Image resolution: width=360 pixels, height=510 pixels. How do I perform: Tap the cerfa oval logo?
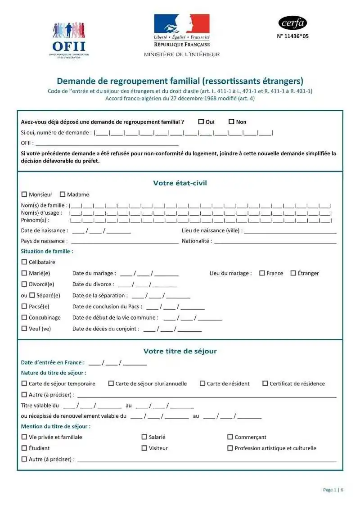(x=292, y=22)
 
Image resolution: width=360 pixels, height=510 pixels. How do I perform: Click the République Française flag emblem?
(x=182, y=23)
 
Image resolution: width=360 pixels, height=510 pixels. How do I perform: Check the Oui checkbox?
(x=201, y=122)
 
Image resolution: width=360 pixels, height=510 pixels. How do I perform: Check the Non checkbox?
(x=232, y=122)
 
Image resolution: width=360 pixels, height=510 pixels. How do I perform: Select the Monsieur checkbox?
(x=24, y=194)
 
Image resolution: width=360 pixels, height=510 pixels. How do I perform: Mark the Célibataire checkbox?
(x=24, y=262)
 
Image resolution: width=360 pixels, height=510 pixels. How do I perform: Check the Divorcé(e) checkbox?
(x=24, y=284)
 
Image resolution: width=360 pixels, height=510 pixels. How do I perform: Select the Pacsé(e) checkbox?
(x=24, y=306)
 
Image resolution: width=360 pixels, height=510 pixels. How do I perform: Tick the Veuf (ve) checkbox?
(x=24, y=328)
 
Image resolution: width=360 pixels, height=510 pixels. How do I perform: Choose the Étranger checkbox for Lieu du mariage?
(x=293, y=273)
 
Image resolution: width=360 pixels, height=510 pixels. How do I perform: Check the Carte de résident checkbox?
(x=202, y=384)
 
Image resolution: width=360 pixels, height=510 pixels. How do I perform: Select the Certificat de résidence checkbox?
(x=265, y=384)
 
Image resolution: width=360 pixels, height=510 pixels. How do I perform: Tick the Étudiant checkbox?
(x=24, y=448)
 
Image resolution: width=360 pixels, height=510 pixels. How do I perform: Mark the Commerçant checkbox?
(x=230, y=437)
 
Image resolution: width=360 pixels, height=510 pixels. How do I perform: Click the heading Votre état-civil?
(x=180, y=183)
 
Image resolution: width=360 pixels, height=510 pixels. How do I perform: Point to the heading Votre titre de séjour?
(x=180, y=351)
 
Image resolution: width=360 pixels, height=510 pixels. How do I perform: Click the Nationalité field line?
(x=275, y=243)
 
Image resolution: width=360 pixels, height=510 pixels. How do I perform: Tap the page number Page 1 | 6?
(x=333, y=490)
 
